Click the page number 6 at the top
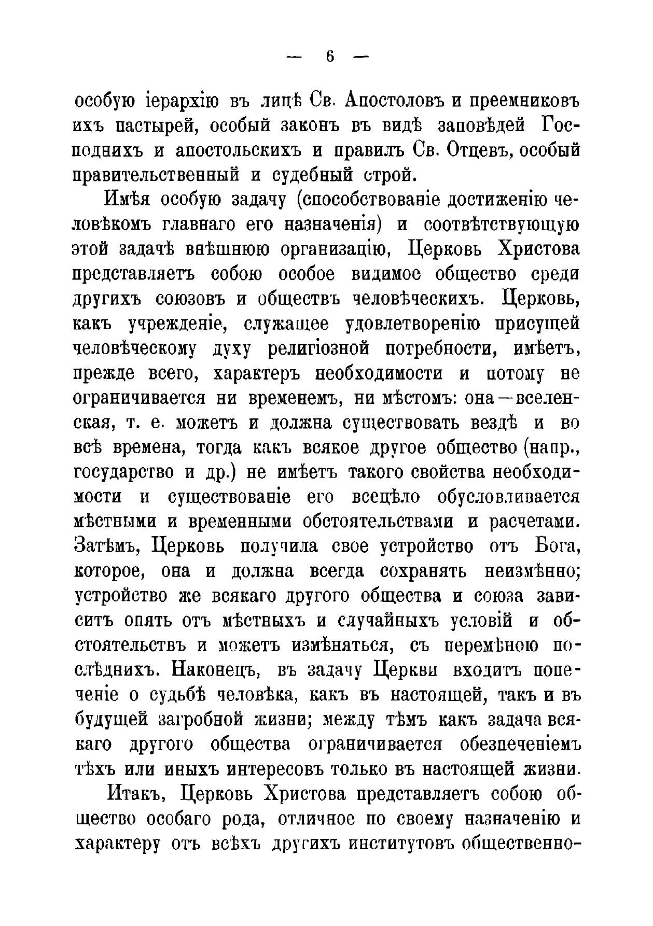click(330, 57)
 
